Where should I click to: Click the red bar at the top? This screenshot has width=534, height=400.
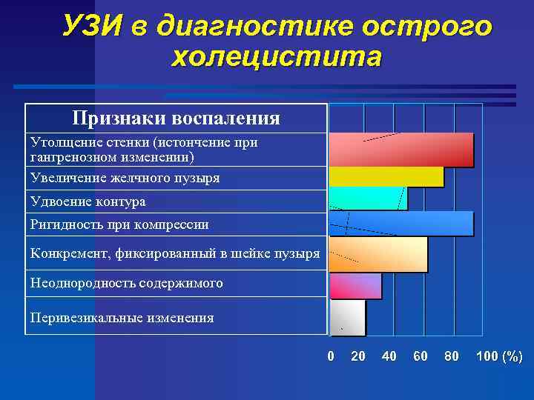(400, 149)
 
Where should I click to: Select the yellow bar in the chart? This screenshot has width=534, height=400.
(386, 176)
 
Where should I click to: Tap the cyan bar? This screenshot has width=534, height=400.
(368, 199)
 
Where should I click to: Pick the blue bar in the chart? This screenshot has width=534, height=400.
(400, 223)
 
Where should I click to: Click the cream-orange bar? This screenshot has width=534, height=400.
(378, 254)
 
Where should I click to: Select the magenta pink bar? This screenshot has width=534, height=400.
(355, 285)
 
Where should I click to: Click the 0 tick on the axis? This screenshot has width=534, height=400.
(331, 357)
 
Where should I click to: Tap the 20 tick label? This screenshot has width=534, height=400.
(358, 357)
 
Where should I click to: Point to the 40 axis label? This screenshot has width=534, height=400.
(389, 357)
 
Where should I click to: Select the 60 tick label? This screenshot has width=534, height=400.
(420, 357)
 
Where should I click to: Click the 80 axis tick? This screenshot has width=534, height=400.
(451, 357)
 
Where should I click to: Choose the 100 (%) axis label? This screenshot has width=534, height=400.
(498, 357)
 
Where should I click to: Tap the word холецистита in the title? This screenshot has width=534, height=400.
(277, 56)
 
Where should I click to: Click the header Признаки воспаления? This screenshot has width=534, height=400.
(176, 119)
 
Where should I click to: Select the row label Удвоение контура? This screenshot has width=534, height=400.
(88, 201)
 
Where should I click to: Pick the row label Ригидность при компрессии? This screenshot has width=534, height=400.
(119, 224)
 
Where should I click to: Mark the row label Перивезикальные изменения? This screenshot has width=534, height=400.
(122, 318)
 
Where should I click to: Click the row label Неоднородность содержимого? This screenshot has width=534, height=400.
(126, 283)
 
